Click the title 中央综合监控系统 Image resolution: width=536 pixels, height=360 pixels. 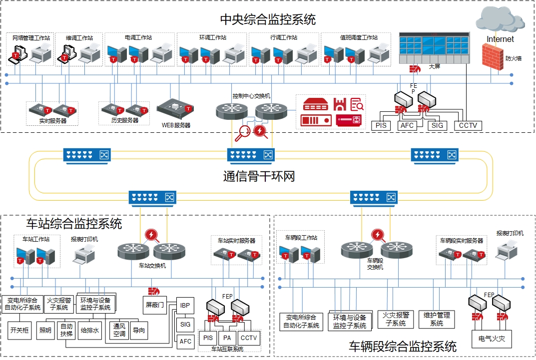(x=268, y=19)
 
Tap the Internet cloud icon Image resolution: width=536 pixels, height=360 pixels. (x=501, y=19)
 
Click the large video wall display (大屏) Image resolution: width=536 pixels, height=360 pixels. (x=435, y=48)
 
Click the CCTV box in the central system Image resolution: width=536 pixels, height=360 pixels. (x=468, y=126)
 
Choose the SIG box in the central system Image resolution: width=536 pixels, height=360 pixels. (x=437, y=126)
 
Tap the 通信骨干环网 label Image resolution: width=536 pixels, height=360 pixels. (x=259, y=177)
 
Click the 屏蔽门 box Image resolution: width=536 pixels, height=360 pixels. (x=155, y=305)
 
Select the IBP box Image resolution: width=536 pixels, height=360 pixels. (x=185, y=306)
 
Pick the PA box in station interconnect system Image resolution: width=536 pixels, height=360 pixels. (x=227, y=338)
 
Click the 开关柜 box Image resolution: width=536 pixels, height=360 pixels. (x=19, y=330)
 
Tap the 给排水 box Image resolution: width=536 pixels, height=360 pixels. (x=89, y=330)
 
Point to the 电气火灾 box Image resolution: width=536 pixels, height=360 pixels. (x=492, y=339)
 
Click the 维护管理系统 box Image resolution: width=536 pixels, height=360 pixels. (x=437, y=320)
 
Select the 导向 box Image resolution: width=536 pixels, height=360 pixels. (x=139, y=330)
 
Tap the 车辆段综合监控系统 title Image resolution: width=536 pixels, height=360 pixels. (x=403, y=347)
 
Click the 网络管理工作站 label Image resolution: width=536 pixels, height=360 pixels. (x=31, y=38)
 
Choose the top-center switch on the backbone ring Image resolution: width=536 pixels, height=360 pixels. (x=251, y=156)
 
